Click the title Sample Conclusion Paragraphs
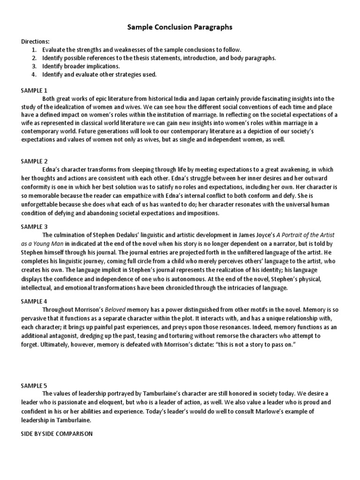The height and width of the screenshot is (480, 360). (180, 28)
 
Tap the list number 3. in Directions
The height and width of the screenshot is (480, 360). (34, 66)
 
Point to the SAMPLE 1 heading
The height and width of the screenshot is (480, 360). (34, 90)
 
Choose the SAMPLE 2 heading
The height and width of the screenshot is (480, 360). (34, 161)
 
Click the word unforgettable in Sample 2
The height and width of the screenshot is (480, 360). (40, 204)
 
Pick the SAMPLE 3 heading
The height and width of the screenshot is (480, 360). (34, 226)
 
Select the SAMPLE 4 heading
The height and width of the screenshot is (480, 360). (34, 301)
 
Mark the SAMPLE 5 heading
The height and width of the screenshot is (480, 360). (34, 385)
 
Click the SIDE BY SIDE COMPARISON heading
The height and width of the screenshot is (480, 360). (56, 434)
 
